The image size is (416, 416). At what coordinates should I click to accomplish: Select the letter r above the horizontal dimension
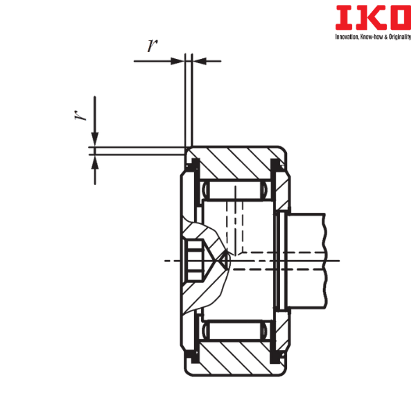click(x=150, y=47)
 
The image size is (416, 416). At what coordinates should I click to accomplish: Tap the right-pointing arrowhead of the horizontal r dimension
click(x=177, y=61)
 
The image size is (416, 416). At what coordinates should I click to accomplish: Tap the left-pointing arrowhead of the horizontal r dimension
click(x=200, y=61)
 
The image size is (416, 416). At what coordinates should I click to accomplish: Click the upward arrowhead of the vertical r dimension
click(x=94, y=159)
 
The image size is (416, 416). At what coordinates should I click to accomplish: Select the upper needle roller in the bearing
click(x=236, y=191)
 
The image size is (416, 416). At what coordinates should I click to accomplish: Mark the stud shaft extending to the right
click(x=309, y=260)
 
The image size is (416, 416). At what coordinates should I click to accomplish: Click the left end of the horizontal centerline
click(x=164, y=261)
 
